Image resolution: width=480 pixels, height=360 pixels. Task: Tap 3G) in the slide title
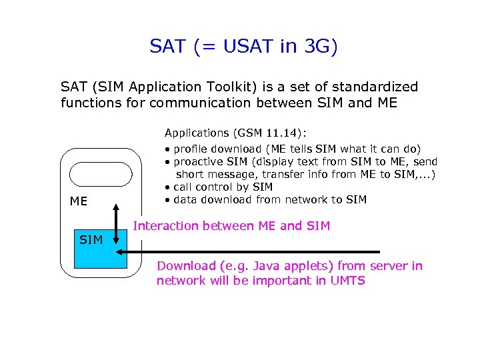321,47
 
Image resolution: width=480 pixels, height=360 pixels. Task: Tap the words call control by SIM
223,187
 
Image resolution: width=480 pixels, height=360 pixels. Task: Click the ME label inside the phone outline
79,201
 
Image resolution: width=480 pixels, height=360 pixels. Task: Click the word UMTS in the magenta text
348,280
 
